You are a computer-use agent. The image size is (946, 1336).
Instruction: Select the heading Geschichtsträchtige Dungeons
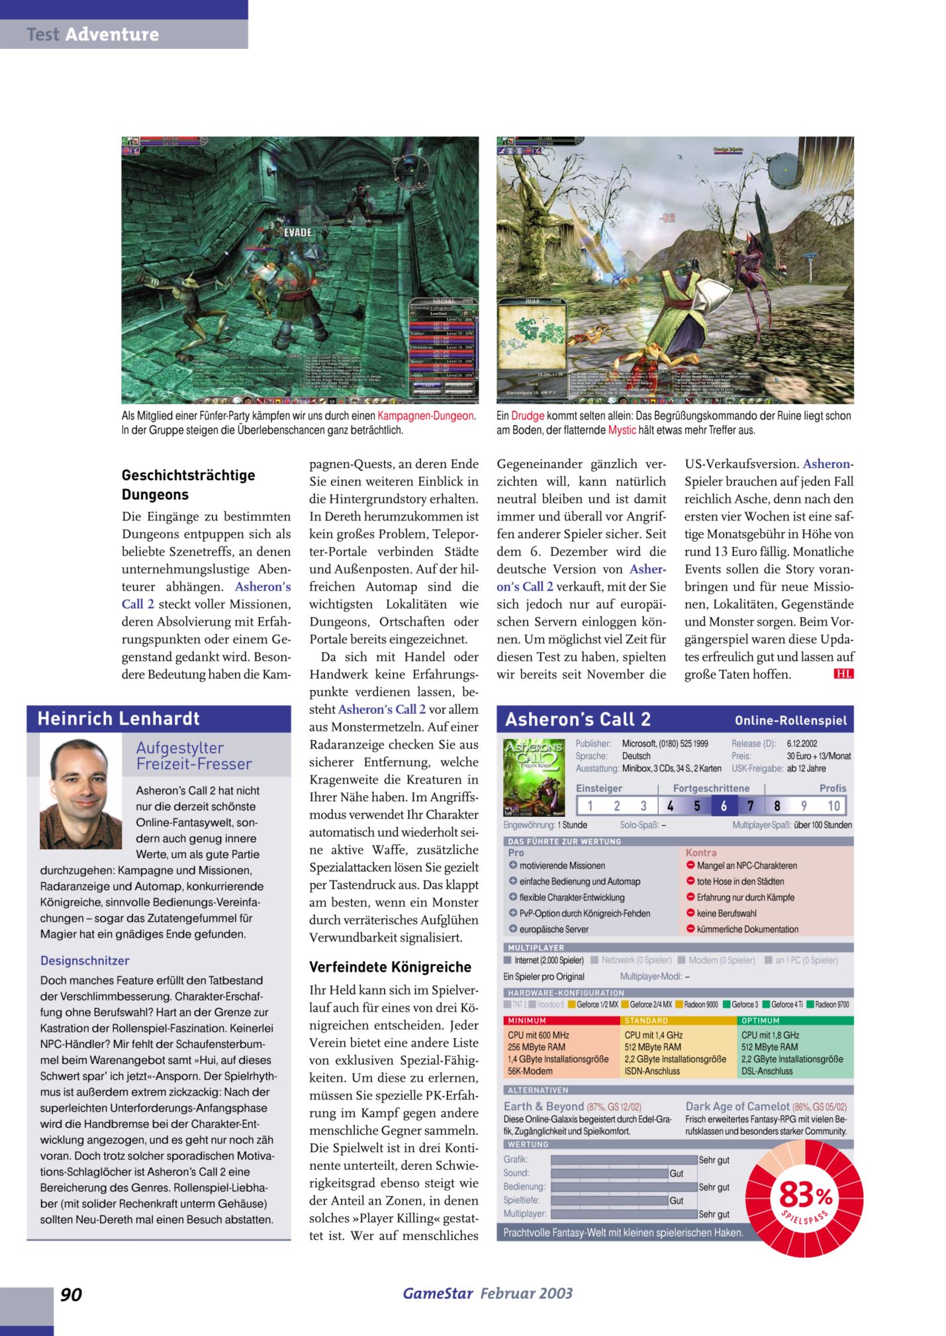pos(188,485)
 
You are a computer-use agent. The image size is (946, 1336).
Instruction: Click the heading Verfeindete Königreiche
pos(390,967)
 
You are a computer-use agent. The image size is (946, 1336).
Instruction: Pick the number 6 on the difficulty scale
pos(724,806)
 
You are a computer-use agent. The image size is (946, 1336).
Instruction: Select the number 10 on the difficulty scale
pos(833,806)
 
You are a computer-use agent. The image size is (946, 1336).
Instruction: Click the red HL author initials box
pos(843,674)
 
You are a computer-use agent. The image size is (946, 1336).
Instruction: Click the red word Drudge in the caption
pos(528,416)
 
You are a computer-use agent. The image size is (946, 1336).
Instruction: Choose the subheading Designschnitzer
pos(85,961)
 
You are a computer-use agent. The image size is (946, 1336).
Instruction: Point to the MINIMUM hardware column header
pos(528,1020)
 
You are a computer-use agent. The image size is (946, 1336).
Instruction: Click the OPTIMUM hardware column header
pos(761,1020)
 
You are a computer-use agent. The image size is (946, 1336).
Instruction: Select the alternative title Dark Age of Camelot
pos(737,1106)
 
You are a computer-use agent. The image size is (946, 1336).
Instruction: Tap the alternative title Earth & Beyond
pos(544,1106)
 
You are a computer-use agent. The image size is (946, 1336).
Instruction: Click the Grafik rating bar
pos(624,1160)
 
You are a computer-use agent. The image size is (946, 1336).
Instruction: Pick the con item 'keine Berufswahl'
pos(728,913)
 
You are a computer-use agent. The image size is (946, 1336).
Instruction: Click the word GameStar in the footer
pos(438,1293)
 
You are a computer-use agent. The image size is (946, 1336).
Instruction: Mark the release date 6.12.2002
pos(802,743)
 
